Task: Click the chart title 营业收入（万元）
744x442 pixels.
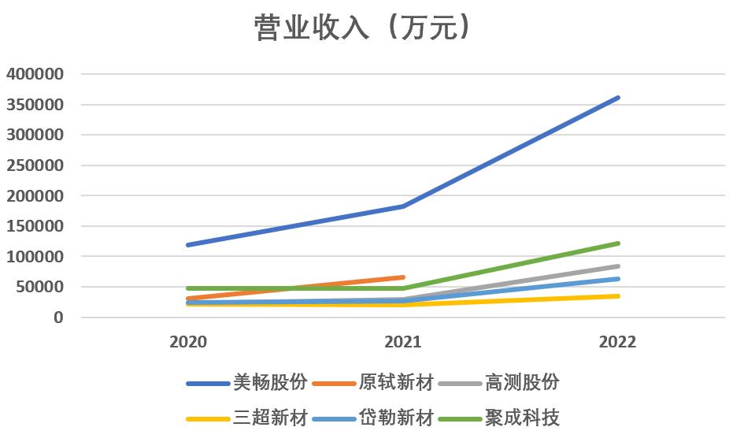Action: point(364,28)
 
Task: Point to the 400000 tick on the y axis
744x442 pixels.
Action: point(35,74)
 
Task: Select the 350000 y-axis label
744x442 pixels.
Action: point(35,105)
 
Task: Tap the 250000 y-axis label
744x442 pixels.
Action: point(35,165)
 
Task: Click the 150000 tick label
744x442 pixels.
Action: point(35,226)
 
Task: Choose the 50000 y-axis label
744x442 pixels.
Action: point(39,287)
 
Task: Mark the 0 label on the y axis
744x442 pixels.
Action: point(57,318)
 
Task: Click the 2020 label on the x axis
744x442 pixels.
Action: point(188,343)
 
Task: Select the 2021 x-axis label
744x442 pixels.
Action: point(402,343)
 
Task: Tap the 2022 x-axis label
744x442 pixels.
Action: point(617,343)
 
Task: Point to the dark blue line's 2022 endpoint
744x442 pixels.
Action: point(618,98)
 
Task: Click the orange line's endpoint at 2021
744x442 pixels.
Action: point(403,277)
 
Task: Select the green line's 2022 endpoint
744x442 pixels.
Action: point(618,243)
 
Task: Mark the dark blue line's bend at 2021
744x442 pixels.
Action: point(403,206)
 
